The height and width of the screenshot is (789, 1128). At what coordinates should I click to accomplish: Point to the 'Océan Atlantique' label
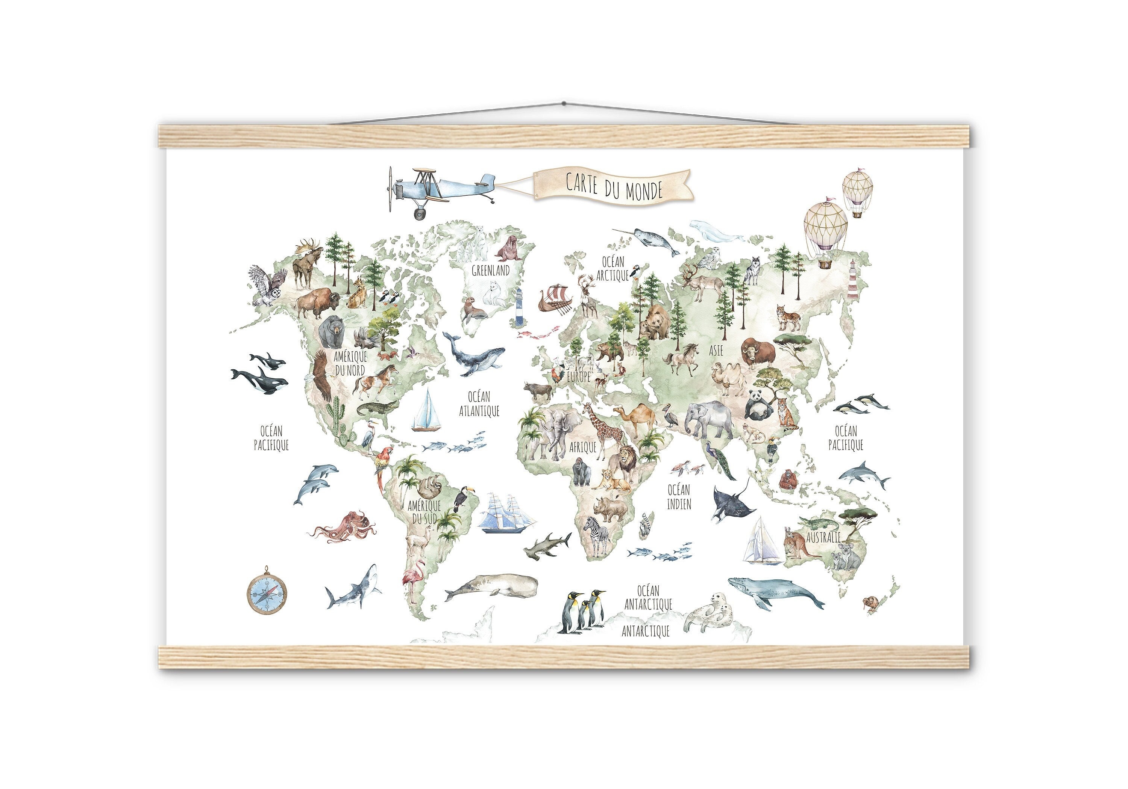(479, 404)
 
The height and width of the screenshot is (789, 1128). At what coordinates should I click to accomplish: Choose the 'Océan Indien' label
(679, 496)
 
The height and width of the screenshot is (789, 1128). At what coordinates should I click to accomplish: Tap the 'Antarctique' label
(646, 631)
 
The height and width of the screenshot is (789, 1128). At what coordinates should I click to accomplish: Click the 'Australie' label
(823, 537)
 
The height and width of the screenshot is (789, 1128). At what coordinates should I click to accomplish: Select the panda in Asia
(756, 405)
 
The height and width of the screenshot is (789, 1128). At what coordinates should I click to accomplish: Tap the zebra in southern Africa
(596, 535)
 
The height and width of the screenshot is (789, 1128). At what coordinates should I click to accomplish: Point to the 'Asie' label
(716, 351)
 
